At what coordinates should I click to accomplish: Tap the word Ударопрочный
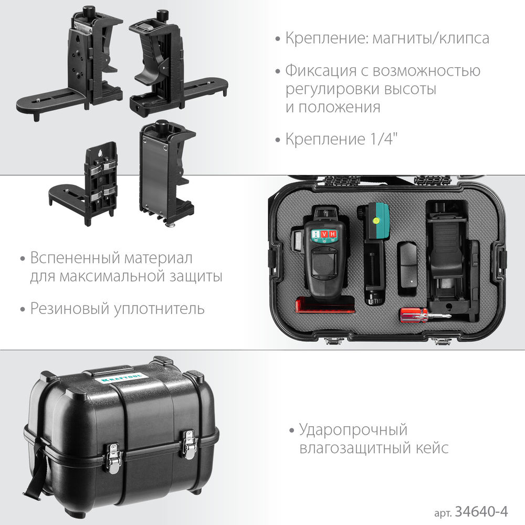click(353, 430)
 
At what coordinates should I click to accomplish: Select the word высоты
click(412, 89)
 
